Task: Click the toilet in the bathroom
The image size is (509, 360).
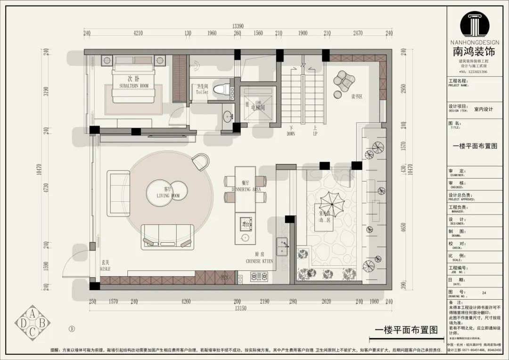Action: [x=222, y=89]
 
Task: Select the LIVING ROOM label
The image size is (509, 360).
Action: [x=168, y=195]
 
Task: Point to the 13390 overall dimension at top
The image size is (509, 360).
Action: [x=238, y=26]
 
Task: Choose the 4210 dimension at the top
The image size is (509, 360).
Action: [x=138, y=33]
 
